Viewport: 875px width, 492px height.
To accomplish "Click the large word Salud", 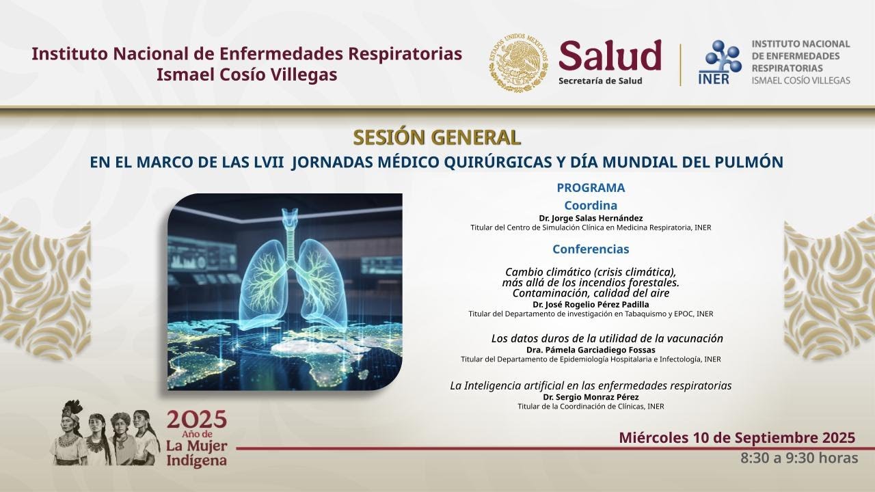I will [x=610, y=55].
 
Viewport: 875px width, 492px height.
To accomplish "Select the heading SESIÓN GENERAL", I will [x=437, y=137].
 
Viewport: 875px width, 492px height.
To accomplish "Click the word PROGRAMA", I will [x=591, y=188].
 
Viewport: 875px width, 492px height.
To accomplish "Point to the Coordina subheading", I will [x=591, y=205].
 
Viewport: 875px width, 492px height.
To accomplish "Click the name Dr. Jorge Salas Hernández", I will [x=591, y=218].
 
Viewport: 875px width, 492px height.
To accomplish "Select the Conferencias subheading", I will [x=591, y=249].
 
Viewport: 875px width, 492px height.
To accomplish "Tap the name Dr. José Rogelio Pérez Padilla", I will [x=591, y=304].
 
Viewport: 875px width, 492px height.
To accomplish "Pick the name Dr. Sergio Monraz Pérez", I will [x=591, y=397].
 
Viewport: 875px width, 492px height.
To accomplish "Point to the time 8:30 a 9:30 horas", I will [x=799, y=458].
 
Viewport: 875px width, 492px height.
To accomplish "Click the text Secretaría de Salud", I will [x=600, y=81].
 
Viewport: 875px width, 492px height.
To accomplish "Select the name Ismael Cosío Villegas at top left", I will [x=247, y=75].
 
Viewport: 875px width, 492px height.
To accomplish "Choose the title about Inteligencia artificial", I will [x=591, y=385].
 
